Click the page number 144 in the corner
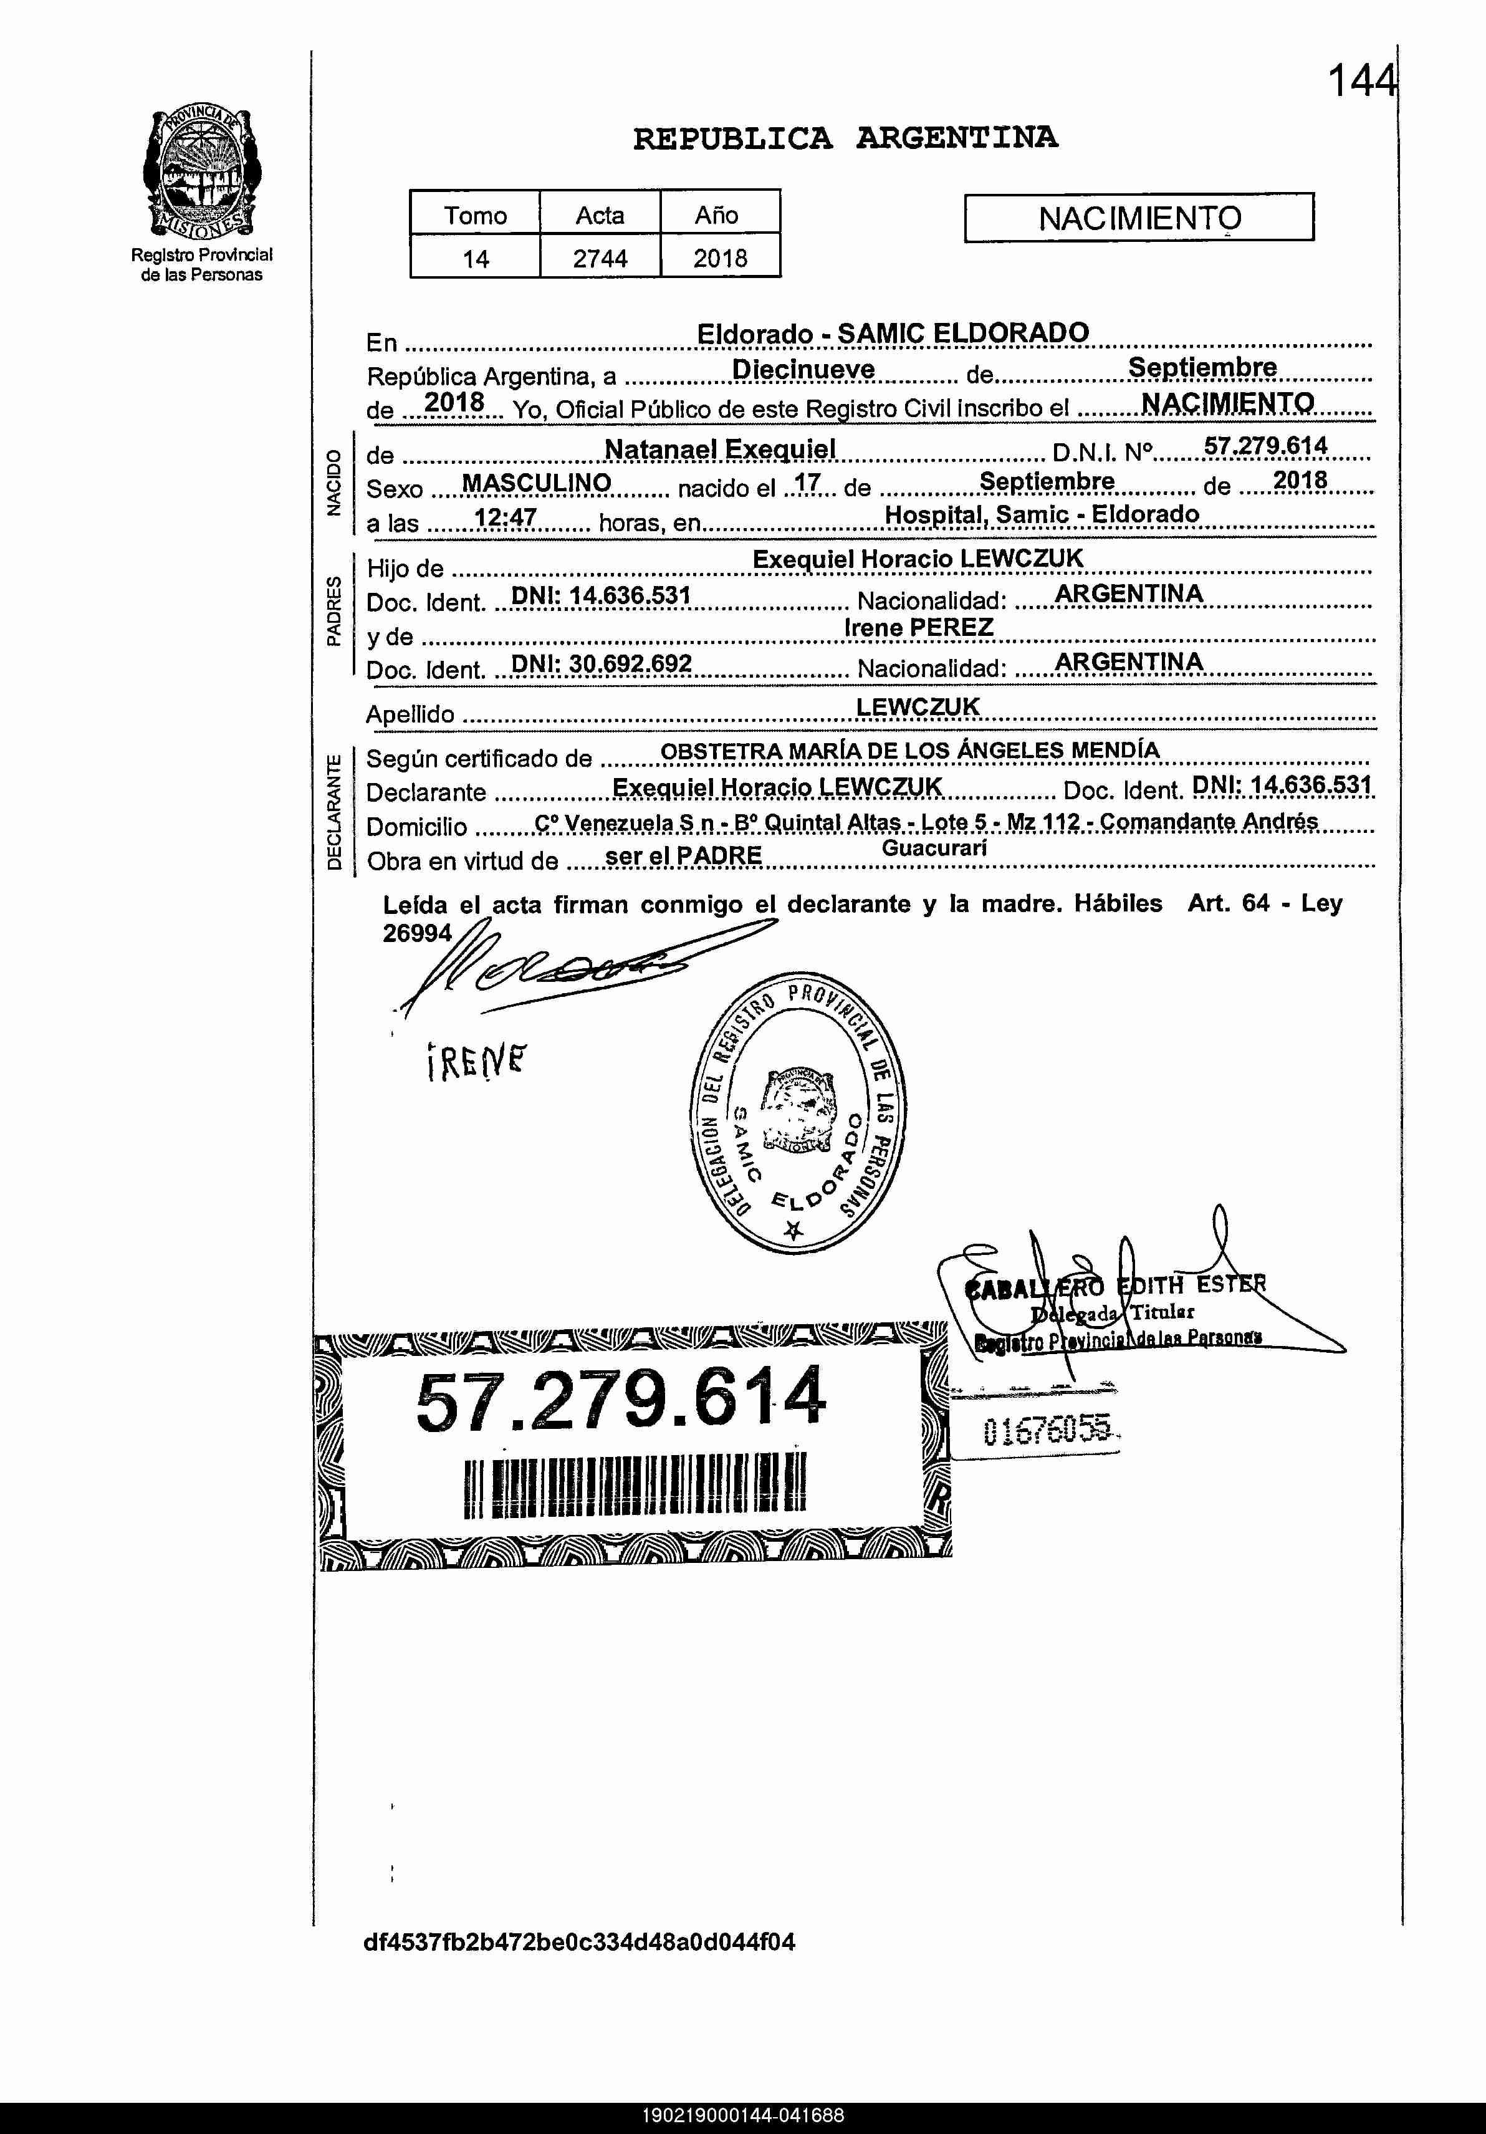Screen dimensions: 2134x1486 coord(1361,81)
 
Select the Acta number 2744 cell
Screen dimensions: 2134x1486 coord(600,257)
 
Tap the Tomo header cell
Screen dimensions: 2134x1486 coord(475,214)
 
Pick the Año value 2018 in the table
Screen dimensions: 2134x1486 coord(719,257)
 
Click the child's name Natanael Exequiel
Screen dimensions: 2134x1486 coord(719,450)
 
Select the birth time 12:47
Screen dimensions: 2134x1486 coord(505,517)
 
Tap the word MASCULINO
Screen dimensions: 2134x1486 coord(536,483)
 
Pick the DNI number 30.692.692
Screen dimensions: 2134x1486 coord(602,663)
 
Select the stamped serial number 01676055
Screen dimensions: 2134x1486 coord(1047,1432)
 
